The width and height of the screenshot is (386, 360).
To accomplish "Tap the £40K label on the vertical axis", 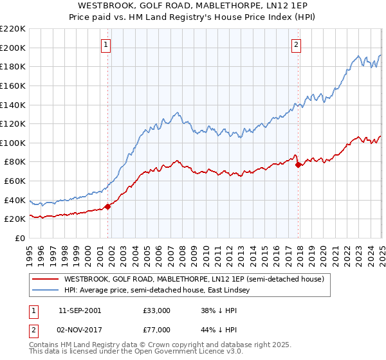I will point(15,200).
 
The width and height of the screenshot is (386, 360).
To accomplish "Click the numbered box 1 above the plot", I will point(106,45).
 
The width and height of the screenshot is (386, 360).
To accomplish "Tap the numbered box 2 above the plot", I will point(296,45).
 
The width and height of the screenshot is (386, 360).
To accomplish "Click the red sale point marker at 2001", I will point(107,206).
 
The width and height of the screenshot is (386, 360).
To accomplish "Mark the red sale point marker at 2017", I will point(298,165).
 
